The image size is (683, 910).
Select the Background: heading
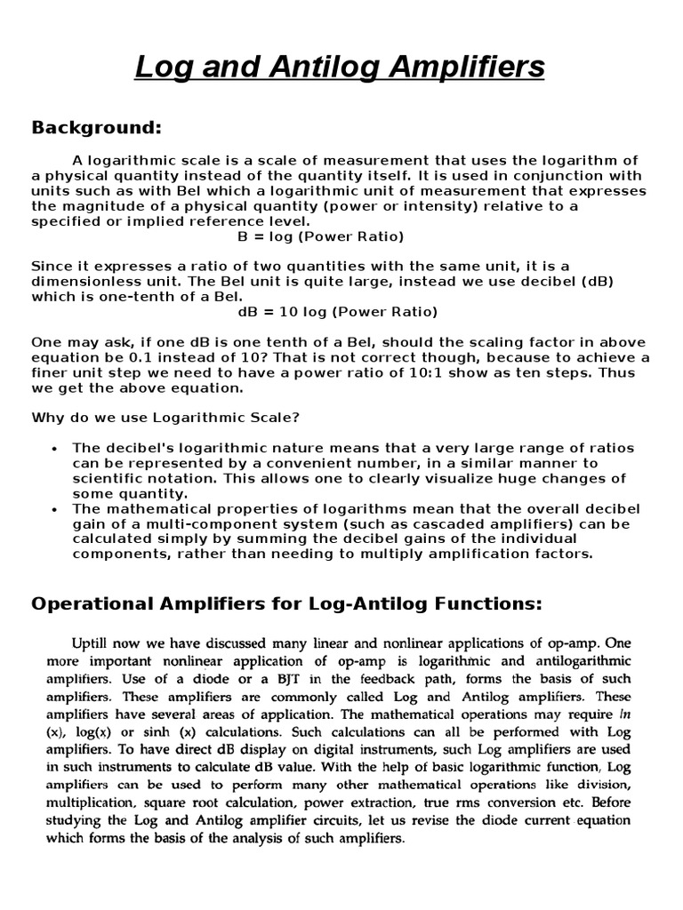coord(97,128)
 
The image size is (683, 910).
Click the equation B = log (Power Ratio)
coord(320,236)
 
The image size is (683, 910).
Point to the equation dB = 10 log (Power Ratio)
coord(337,312)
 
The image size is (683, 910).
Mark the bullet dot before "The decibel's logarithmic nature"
coord(56,449)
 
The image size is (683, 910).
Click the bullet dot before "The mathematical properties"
coord(56,509)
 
